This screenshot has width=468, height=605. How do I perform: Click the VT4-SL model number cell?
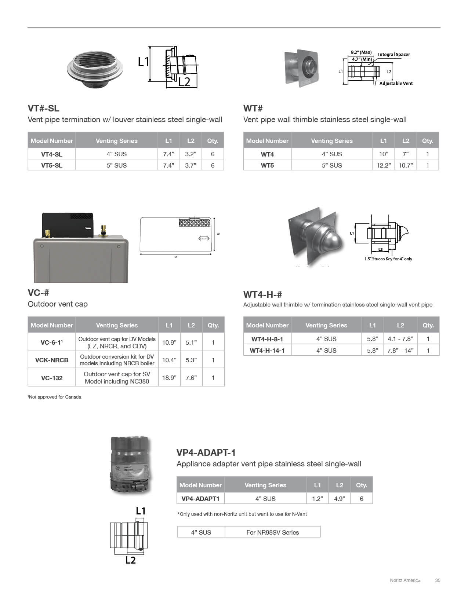pyautogui.click(x=52, y=154)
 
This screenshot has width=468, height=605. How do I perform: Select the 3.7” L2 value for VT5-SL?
pyautogui.click(x=191, y=165)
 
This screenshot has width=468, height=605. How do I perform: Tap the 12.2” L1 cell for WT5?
pyautogui.click(x=384, y=165)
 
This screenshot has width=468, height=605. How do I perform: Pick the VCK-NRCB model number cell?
pyautogui.click(x=52, y=360)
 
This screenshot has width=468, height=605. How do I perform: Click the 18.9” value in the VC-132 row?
pyautogui.click(x=169, y=378)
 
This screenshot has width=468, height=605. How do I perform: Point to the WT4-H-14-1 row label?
pyautogui.click(x=267, y=351)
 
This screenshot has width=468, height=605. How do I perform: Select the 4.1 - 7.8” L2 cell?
pyautogui.click(x=400, y=339)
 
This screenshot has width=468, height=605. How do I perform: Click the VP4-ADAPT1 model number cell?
pyautogui.click(x=200, y=499)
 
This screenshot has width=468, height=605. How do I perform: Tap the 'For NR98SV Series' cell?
pyautogui.click(x=272, y=532)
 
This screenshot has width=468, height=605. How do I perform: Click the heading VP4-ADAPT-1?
pyautogui.click(x=206, y=452)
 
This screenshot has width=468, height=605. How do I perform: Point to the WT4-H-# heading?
pyautogui.click(x=262, y=294)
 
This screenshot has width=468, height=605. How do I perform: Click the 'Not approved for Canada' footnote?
pyautogui.click(x=55, y=397)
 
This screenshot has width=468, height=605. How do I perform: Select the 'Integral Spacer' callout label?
pyautogui.click(x=394, y=55)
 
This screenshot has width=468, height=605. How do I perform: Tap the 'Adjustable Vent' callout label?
pyautogui.click(x=396, y=84)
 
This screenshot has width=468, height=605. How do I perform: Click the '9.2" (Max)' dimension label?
pyautogui.click(x=361, y=52)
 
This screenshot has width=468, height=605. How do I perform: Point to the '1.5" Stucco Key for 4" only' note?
pyautogui.click(x=388, y=259)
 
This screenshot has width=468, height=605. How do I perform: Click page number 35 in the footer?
pyautogui.click(x=438, y=580)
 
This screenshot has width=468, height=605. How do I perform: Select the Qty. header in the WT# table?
pyautogui.click(x=428, y=141)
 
